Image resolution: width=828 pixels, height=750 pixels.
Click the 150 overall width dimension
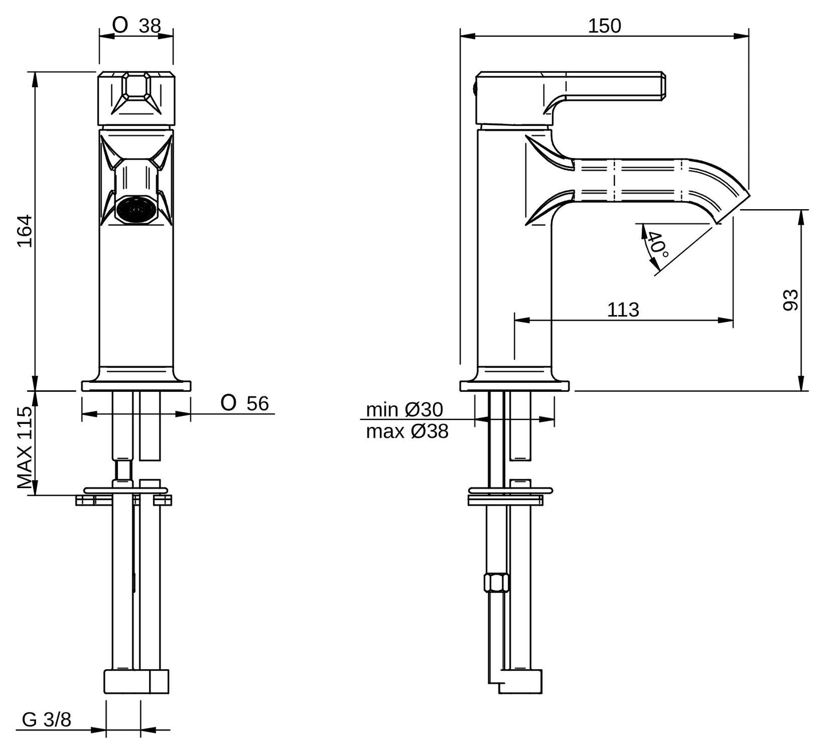pos(605,26)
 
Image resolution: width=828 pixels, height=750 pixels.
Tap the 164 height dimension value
pos(25,231)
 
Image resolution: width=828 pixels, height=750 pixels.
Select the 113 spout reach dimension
pos(623,309)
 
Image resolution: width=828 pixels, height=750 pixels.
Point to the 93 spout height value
pos(790,300)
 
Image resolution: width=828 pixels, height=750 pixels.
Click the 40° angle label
pos(658,244)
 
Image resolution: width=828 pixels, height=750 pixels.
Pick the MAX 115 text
pos(25,448)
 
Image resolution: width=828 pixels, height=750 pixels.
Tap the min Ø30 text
pos(405,410)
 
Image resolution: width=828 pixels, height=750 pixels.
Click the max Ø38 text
pos(407,432)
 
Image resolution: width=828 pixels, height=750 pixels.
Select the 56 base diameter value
pos(257,403)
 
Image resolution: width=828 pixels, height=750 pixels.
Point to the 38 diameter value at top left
pos(150,26)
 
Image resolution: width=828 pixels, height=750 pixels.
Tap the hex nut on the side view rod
pos(497,583)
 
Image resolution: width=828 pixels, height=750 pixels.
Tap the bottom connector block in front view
pos(136,681)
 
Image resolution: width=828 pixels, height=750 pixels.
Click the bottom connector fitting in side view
pos(515,681)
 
